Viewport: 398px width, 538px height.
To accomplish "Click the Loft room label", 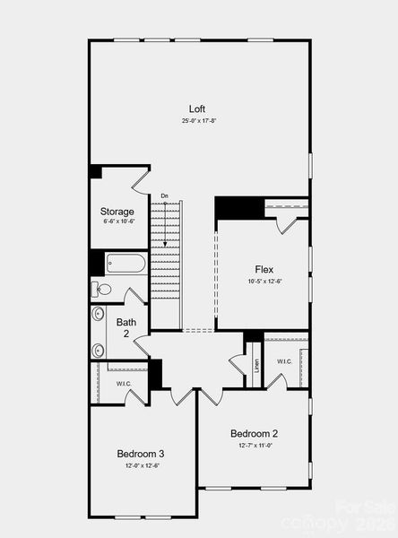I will point(197,108).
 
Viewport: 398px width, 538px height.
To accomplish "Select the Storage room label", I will point(117,212).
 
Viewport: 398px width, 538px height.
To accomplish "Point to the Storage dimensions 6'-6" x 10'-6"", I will point(117,221).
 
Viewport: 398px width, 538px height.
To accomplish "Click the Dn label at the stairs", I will point(164,195).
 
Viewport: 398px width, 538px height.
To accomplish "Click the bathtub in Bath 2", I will point(125,265).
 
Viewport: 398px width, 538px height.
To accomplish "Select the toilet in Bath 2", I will point(101,289).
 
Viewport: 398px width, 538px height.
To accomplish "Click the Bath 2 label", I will point(126,326).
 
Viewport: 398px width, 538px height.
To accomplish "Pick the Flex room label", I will point(264,269).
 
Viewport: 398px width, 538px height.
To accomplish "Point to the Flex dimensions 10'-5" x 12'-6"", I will point(264,281).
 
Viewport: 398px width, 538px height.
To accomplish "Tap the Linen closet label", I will point(256,366).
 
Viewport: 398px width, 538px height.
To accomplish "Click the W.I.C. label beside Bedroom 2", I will point(284,361).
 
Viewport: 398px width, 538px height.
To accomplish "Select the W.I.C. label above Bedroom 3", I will point(124,383).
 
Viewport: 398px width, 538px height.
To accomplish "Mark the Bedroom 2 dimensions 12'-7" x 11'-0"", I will point(255,445).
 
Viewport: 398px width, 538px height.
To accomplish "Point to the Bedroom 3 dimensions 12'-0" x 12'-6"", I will point(143,465).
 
